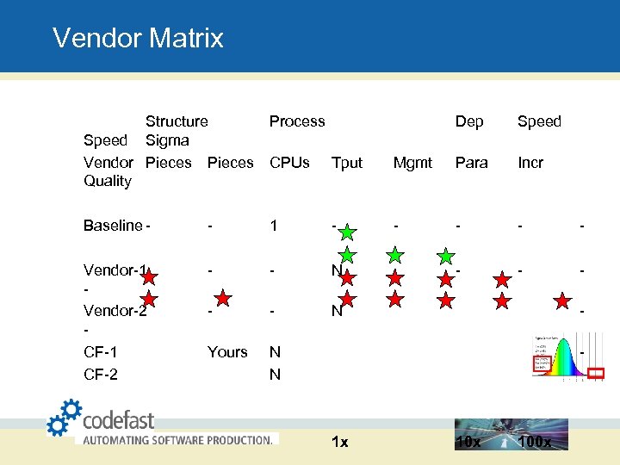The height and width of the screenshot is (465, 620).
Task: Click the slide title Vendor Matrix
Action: point(138,38)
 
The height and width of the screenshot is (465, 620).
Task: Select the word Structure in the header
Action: point(177,121)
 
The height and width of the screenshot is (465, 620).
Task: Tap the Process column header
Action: point(297,121)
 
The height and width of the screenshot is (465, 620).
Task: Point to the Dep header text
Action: point(468,121)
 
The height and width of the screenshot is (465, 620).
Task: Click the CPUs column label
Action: point(289,162)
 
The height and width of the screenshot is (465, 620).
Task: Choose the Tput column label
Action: point(347,163)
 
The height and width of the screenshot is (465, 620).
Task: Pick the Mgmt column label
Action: point(412,163)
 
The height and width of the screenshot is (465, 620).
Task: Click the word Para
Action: point(471,162)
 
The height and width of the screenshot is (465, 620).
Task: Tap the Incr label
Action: point(530,162)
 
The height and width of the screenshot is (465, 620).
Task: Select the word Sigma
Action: point(167,140)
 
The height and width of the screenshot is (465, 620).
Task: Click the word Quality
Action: point(108,181)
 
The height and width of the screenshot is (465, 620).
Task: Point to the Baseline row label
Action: point(113,226)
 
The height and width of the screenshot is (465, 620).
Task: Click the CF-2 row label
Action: point(101,375)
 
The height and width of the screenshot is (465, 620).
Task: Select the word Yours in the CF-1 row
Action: point(227,352)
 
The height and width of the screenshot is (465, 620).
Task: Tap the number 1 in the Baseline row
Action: point(274,226)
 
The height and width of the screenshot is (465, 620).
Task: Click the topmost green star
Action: point(346,232)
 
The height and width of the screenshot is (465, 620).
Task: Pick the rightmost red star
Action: point(561,300)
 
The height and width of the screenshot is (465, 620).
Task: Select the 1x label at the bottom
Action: point(340,442)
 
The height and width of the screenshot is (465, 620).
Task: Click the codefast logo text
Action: point(118,420)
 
